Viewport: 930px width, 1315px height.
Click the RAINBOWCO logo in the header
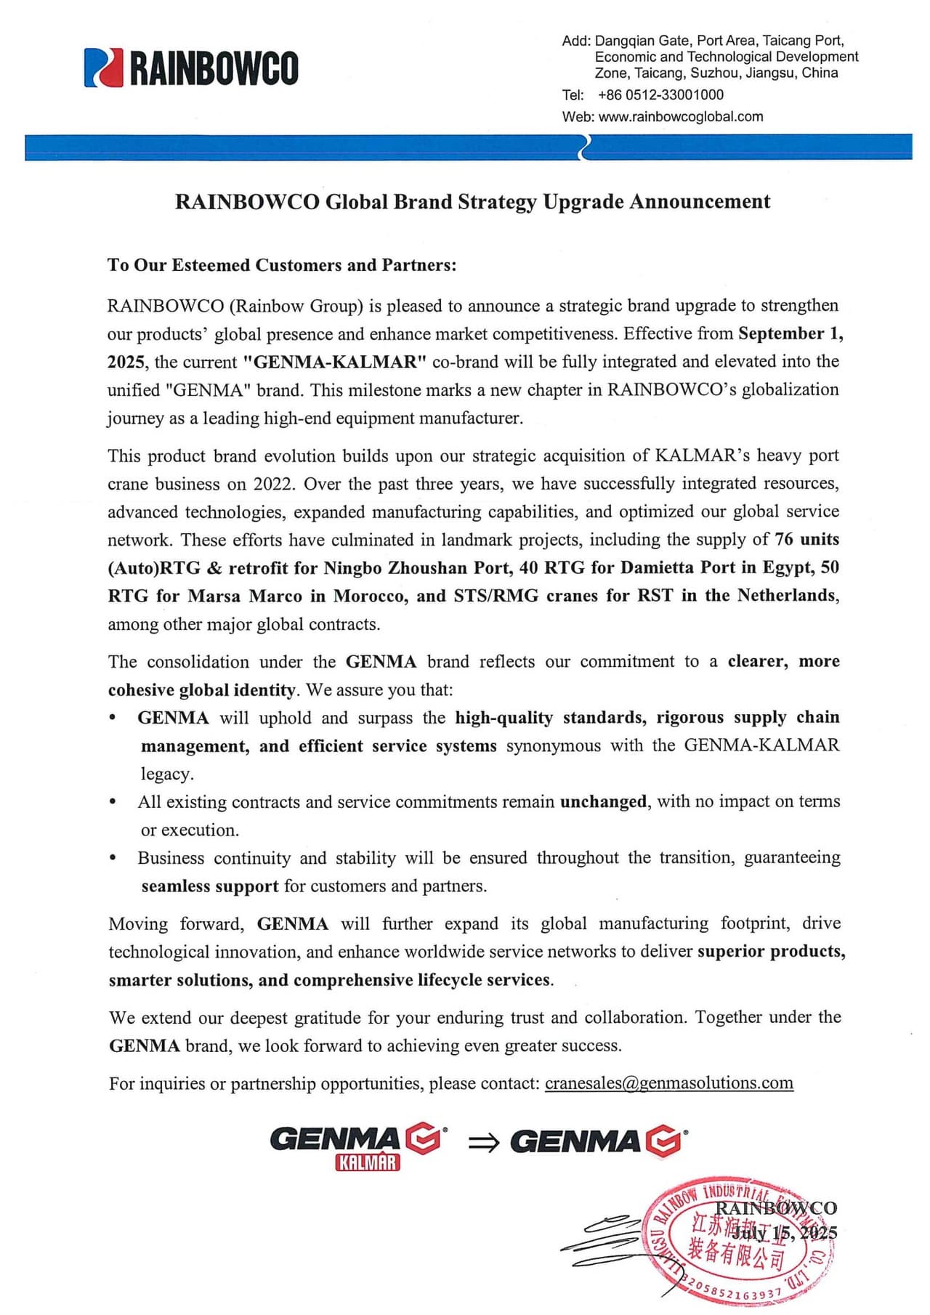tap(191, 68)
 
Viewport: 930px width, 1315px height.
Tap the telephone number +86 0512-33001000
tap(660, 94)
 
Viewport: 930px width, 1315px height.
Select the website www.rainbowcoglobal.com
tap(680, 116)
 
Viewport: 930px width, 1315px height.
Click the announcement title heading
tap(472, 201)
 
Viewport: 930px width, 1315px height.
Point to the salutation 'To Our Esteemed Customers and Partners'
tap(282, 265)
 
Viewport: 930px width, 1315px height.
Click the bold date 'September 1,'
tap(790, 333)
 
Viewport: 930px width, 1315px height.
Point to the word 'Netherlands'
tap(788, 595)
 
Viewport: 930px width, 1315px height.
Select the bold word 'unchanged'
tap(603, 801)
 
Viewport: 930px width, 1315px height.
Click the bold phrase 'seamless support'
tap(210, 886)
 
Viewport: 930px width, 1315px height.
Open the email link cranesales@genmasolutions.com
tap(668, 1083)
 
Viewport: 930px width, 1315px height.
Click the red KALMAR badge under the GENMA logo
tap(368, 1163)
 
